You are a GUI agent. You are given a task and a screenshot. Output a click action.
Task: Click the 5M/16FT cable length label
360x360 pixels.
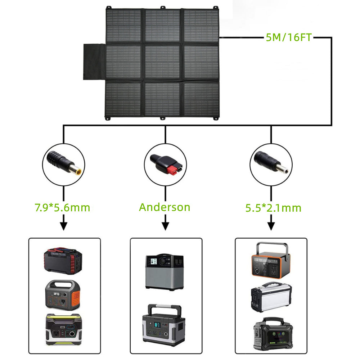click(288, 37)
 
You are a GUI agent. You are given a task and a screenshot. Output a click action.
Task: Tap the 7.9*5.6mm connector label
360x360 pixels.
click(62, 208)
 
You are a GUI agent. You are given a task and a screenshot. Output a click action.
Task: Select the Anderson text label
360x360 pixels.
click(165, 207)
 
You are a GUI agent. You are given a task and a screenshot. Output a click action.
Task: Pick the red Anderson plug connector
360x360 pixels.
click(165, 165)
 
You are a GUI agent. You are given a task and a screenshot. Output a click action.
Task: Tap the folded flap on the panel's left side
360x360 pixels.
click(94, 62)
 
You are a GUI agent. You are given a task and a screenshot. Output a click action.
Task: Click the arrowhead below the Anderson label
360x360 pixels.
click(165, 226)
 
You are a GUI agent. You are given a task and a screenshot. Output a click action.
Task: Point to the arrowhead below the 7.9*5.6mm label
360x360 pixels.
click(63, 226)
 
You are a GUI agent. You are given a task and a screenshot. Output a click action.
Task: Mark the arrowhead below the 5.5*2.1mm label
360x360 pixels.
click(271, 226)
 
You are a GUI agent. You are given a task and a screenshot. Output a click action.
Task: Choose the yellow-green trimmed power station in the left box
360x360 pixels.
click(63, 329)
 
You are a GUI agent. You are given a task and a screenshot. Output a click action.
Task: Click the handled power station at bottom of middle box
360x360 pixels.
click(164, 325)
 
